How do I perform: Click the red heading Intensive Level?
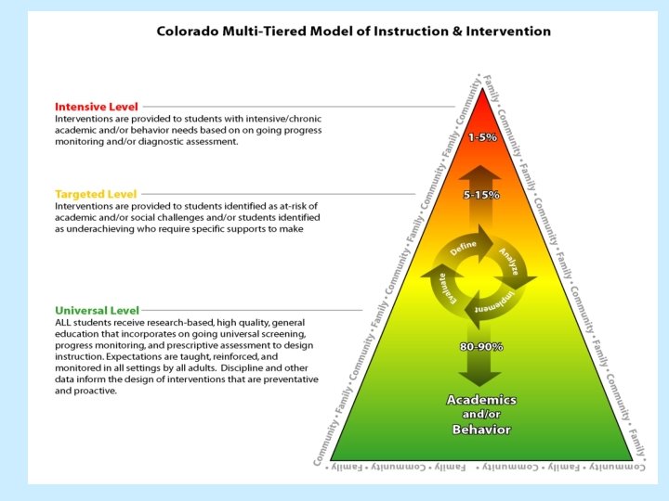(x=96, y=107)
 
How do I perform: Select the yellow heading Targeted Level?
(x=95, y=194)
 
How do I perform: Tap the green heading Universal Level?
(x=97, y=310)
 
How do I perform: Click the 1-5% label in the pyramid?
(x=481, y=137)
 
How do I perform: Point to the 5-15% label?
(x=481, y=195)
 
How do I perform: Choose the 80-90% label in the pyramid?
(x=481, y=346)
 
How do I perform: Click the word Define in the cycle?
(x=464, y=248)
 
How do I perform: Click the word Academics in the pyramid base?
(x=481, y=400)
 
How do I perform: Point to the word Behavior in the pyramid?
(x=481, y=430)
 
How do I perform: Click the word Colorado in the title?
(x=190, y=31)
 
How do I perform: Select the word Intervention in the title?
(x=507, y=31)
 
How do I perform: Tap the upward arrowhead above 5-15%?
(x=481, y=173)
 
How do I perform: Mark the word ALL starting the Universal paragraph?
(x=64, y=321)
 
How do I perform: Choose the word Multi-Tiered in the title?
(x=266, y=31)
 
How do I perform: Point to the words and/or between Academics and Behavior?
(x=481, y=415)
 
